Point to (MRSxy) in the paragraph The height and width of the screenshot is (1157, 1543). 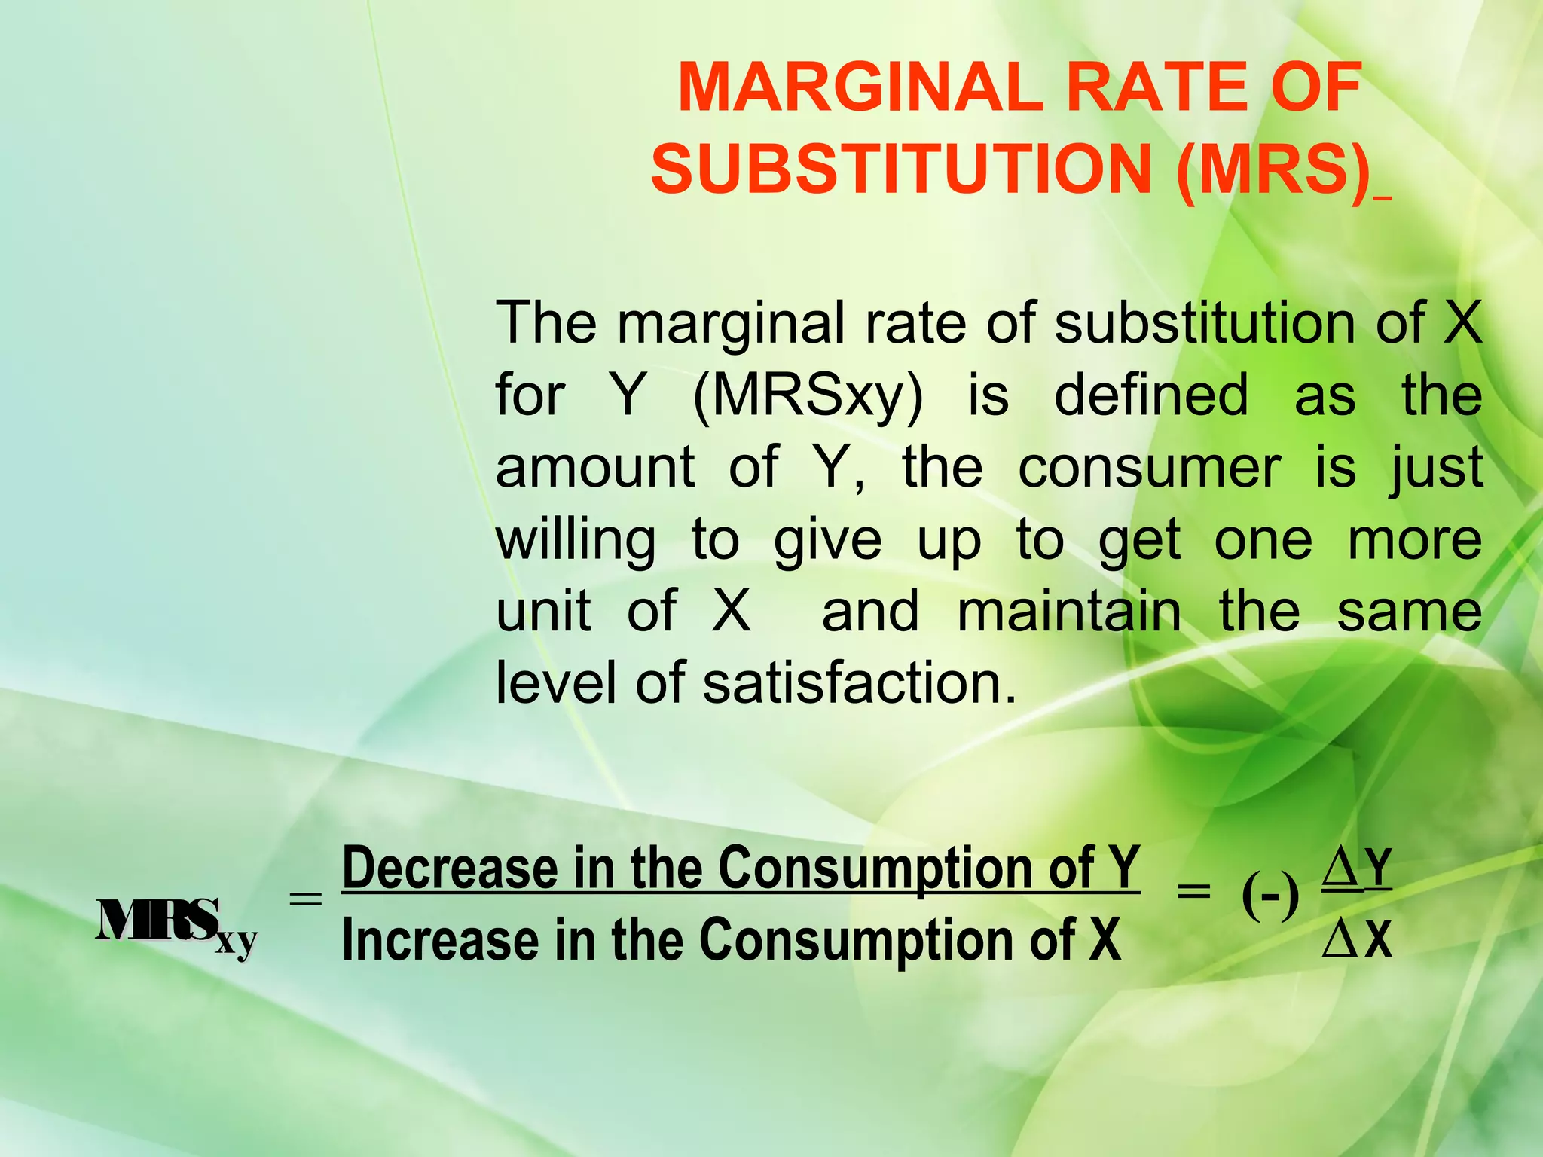click(808, 396)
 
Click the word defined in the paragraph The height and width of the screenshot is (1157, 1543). click(1151, 395)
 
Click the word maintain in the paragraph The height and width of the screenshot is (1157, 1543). click(1069, 611)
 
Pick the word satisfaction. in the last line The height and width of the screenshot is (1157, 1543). click(860, 682)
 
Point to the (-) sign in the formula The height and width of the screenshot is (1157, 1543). click(1270, 897)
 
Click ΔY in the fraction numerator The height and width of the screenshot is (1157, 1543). click(1357, 869)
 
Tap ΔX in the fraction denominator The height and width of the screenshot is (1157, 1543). click(1357, 940)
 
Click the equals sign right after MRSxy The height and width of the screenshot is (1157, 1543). click(305, 898)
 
